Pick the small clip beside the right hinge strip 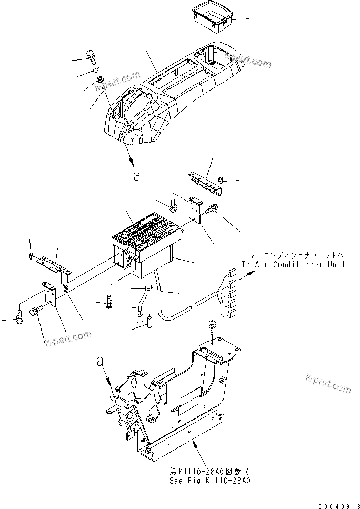(x=222, y=182)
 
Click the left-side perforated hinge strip (x=55, y=266)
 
